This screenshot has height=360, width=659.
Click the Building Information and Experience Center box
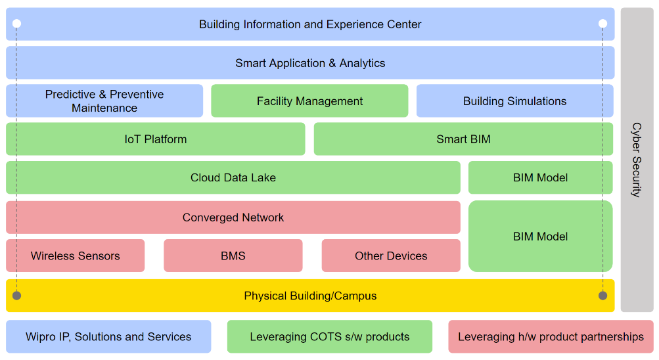pyautogui.click(x=310, y=24)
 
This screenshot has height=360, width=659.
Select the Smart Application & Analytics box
pyautogui.click(x=310, y=63)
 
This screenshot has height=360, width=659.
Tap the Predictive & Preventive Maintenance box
pyautogui.click(x=104, y=101)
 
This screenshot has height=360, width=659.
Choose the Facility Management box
pyautogui.click(x=309, y=101)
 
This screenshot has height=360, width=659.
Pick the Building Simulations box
pyautogui.click(x=514, y=101)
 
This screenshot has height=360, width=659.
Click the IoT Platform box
pyautogui.click(x=156, y=139)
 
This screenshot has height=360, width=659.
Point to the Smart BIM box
pyautogui.click(x=463, y=139)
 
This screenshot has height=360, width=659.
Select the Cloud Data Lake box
pyautogui.click(x=233, y=177)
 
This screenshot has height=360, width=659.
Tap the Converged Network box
pyautogui.click(x=233, y=217)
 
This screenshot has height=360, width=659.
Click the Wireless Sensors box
pyautogui.click(x=76, y=256)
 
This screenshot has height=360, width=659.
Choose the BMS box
pyautogui.click(x=233, y=256)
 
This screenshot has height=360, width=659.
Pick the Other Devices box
pyautogui.click(x=391, y=256)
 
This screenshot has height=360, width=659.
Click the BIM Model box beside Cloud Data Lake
pyautogui.click(x=540, y=177)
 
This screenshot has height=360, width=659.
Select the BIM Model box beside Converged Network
pyautogui.click(x=540, y=236)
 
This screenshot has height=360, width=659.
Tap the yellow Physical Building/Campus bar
pyautogui.click(x=310, y=296)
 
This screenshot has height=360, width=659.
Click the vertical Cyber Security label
pyautogui.click(x=637, y=160)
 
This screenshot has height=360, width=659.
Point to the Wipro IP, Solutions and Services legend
pyautogui.click(x=108, y=337)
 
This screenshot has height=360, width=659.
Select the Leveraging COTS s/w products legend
pyautogui.click(x=330, y=337)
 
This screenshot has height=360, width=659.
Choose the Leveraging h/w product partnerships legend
pyautogui.click(x=551, y=337)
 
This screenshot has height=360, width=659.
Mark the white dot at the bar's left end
pyautogui.click(x=16, y=24)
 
